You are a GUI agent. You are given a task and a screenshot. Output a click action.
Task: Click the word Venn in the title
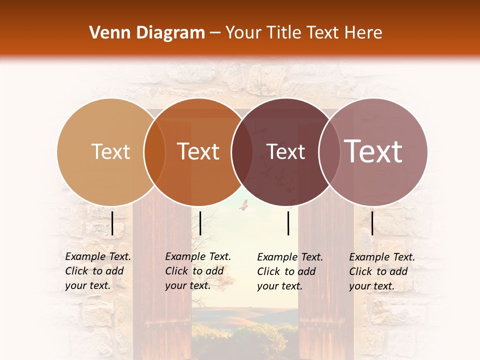(x=107, y=33)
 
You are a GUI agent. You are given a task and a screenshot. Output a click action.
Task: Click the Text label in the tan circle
(x=110, y=151)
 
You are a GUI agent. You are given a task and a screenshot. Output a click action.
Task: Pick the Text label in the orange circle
(x=198, y=151)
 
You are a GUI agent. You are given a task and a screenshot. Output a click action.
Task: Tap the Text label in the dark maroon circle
(x=285, y=152)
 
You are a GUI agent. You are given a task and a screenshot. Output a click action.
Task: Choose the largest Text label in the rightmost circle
(x=373, y=151)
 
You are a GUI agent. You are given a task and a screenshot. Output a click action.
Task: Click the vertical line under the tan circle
(x=112, y=223)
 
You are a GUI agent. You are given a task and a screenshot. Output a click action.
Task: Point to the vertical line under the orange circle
(x=200, y=223)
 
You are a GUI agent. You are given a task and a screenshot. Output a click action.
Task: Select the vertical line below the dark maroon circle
(x=288, y=223)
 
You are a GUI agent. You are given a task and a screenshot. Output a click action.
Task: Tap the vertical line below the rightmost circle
(x=372, y=223)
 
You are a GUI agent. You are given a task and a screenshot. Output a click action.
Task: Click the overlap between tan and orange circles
(x=154, y=152)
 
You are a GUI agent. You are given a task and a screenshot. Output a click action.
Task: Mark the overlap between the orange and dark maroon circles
(x=242, y=152)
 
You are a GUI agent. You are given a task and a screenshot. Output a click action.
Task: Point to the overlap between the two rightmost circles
(x=329, y=152)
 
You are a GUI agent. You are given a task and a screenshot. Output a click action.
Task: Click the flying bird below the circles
(x=244, y=204)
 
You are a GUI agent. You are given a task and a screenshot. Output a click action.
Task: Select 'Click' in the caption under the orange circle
(x=176, y=271)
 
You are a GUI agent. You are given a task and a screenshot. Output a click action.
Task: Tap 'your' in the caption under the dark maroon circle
(x=268, y=286)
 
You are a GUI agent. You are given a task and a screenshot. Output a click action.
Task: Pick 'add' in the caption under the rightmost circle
(x=398, y=271)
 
